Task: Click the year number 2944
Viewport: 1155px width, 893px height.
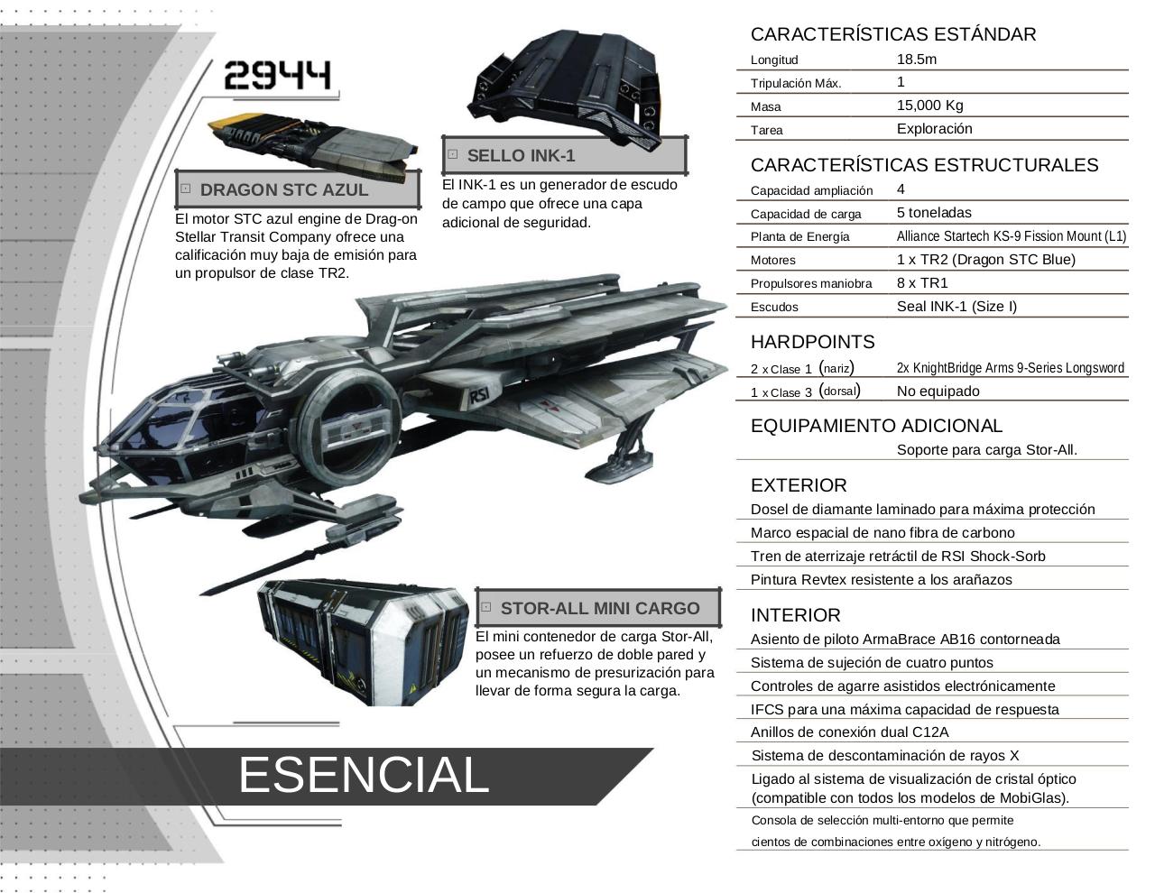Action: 277,75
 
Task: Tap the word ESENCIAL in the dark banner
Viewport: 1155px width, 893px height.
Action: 364,775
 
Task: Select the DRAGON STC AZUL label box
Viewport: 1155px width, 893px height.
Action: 298,189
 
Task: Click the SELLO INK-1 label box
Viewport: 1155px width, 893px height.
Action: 565,155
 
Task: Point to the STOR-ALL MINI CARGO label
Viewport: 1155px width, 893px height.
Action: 598,608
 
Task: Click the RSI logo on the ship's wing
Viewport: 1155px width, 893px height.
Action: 479,395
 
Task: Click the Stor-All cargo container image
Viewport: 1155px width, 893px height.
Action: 363,641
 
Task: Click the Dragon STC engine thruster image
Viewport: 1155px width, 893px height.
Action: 314,145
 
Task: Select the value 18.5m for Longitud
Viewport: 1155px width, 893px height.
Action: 917,59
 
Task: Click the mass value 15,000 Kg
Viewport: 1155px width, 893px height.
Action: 929,106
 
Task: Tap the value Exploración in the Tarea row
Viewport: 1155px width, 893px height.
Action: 935,129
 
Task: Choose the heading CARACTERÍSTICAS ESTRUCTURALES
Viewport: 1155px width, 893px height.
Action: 924,165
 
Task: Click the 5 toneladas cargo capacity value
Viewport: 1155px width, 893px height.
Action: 934,213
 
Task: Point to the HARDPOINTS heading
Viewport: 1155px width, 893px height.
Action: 813,342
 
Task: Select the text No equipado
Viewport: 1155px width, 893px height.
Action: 938,391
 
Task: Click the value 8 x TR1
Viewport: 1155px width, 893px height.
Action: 922,282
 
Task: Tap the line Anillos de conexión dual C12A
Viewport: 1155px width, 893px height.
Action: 849,732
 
